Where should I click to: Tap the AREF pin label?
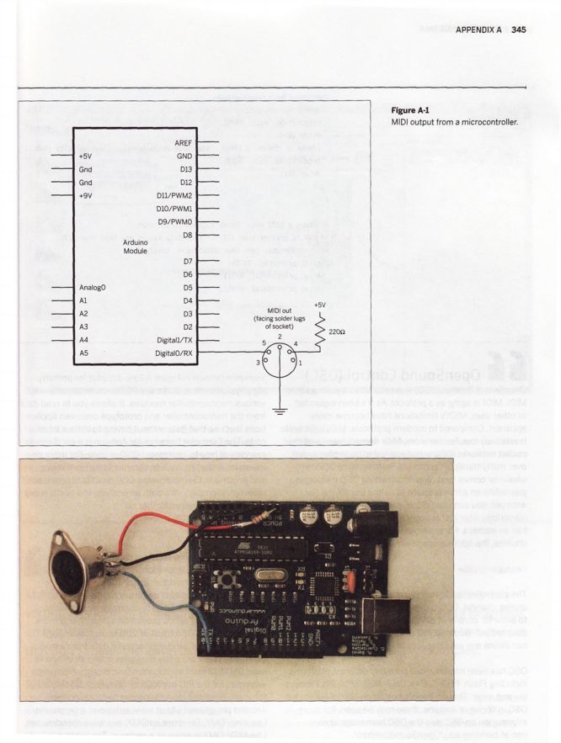(x=184, y=143)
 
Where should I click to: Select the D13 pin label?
(x=186, y=169)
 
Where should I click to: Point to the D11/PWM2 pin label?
(x=174, y=195)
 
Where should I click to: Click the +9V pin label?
(x=86, y=195)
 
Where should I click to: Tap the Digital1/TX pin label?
(x=174, y=339)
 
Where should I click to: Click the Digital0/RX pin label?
(x=174, y=353)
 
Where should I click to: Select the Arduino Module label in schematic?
(x=135, y=246)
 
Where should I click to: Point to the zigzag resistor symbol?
(x=319, y=332)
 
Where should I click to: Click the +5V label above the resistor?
(x=319, y=304)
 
